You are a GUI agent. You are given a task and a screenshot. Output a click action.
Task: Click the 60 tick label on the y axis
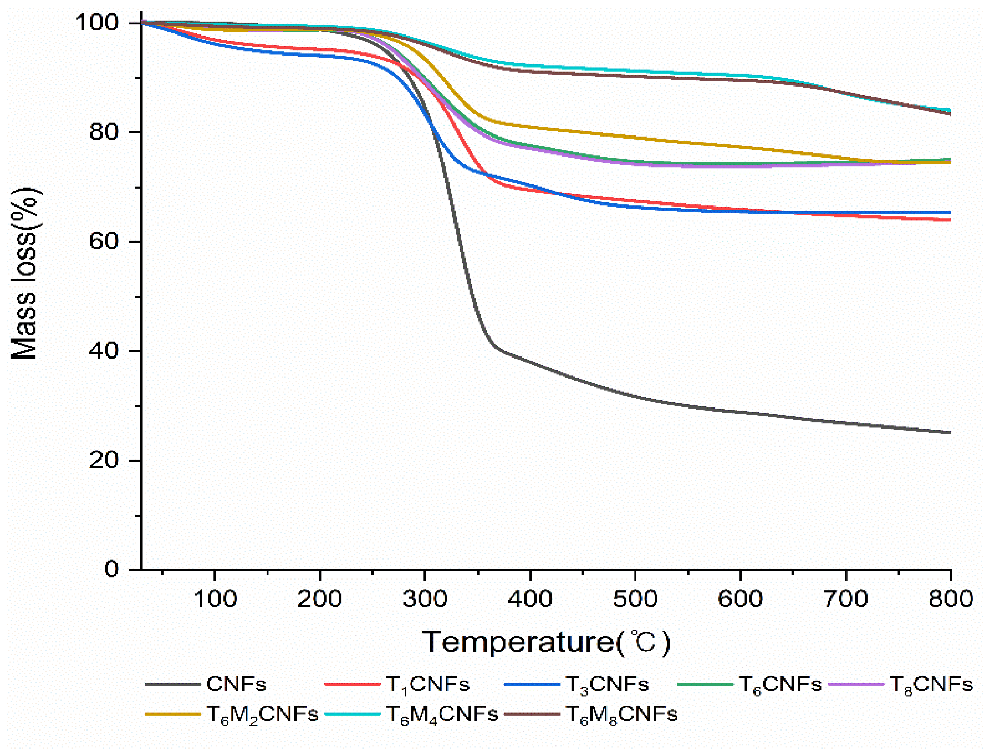click(x=104, y=241)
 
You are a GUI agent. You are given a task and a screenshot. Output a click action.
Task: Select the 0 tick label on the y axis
click(x=111, y=570)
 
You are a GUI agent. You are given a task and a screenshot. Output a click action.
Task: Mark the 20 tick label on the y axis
click(x=104, y=460)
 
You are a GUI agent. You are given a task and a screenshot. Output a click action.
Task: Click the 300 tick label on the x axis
click(x=425, y=599)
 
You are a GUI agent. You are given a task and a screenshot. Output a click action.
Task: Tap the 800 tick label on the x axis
click(x=950, y=599)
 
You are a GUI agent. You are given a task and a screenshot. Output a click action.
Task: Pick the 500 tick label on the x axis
click(x=635, y=599)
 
